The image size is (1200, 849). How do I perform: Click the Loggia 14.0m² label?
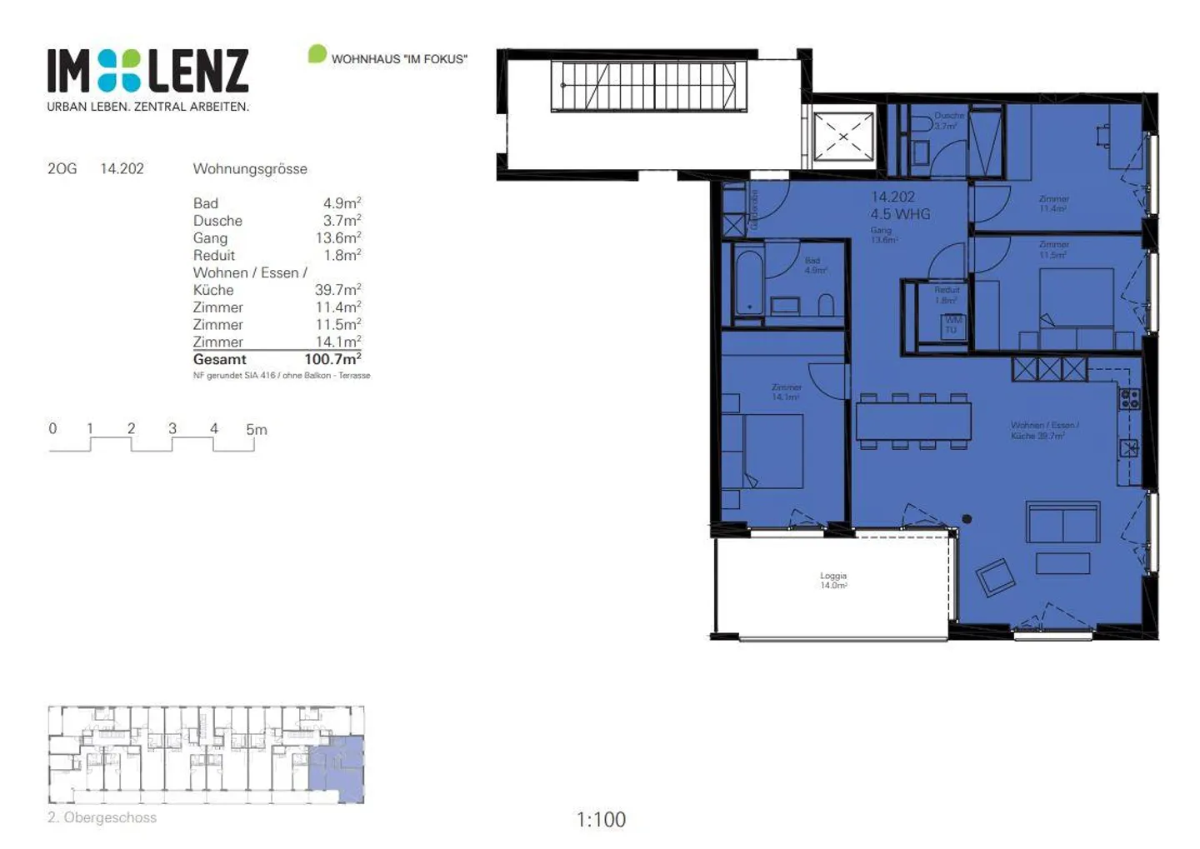point(832,580)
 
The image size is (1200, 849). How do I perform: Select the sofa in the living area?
point(1062,524)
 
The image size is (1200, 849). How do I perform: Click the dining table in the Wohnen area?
point(913,421)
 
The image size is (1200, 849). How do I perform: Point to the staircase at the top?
point(648,86)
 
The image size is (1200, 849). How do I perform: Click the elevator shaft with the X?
point(842,137)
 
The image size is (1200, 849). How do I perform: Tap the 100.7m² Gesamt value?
point(332,359)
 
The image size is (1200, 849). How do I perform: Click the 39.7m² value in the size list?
point(337,290)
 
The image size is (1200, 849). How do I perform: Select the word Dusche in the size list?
point(217,221)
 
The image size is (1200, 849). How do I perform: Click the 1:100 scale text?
point(601,820)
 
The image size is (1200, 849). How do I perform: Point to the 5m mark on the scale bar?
point(256,430)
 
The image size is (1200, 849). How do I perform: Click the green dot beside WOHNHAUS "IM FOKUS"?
point(317,54)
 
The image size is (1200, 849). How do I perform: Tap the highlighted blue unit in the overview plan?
point(337,768)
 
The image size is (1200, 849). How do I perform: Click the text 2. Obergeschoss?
point(102,817)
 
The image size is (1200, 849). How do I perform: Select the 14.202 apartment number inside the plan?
point(892,197)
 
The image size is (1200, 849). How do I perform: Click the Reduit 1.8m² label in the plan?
point(946,295)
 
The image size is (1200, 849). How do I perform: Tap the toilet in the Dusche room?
point(921,125)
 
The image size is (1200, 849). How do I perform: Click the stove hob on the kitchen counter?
point(1129,399)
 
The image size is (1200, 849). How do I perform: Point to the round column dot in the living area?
point(967,519)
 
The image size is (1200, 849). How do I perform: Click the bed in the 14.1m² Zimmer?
point(771,451)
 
